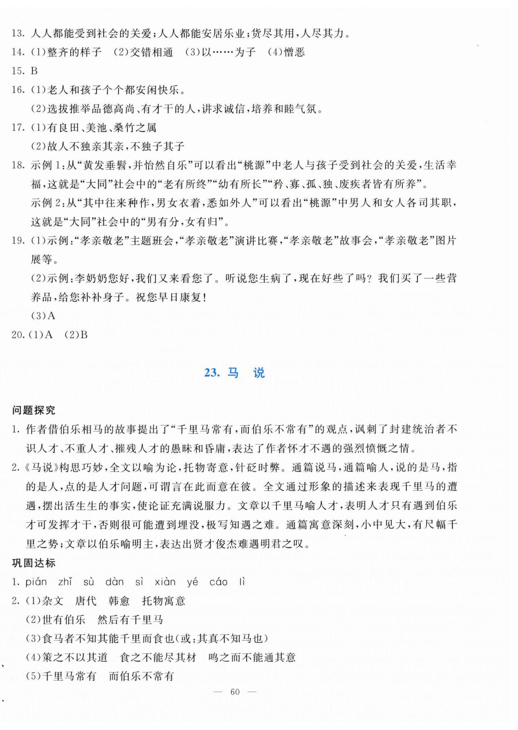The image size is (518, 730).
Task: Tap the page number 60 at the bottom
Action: pos(235,692)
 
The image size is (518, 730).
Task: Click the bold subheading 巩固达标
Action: pos(34,563)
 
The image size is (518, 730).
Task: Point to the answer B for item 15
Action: pos(34,71)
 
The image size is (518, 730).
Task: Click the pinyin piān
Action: pos(36,582)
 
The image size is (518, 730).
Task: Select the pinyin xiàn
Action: pos(165,582)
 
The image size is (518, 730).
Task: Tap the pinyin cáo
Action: pos(219,582)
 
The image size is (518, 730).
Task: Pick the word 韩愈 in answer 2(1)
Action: pos(119,601)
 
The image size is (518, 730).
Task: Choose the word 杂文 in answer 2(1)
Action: pos(53,601)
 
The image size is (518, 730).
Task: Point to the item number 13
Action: pos(18,33)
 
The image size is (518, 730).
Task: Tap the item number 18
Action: pos(18,165)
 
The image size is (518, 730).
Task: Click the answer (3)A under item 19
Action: pos(43,316)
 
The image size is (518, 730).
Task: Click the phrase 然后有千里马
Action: pos(130,620)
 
